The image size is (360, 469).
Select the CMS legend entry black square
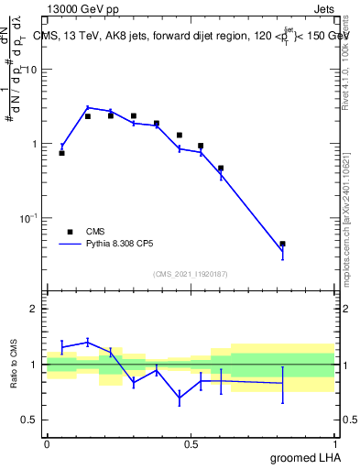click(x=68, y=233)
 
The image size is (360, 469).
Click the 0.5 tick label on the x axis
click(x=191, y=443)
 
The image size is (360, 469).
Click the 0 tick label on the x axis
click(x=47, y=443)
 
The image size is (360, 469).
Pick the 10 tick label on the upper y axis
click(x=32, y=71)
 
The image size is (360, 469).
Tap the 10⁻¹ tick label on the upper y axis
click(x=30, y=218)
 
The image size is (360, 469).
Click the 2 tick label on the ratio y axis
click(x=33, y=309)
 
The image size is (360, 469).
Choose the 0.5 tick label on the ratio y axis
click(x=30, y=420)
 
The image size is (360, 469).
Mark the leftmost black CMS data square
click(x=61, y=153)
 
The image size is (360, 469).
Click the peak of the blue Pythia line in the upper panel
click(x=88, y=107)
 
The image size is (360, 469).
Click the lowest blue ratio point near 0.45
click(x=180, y=397)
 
